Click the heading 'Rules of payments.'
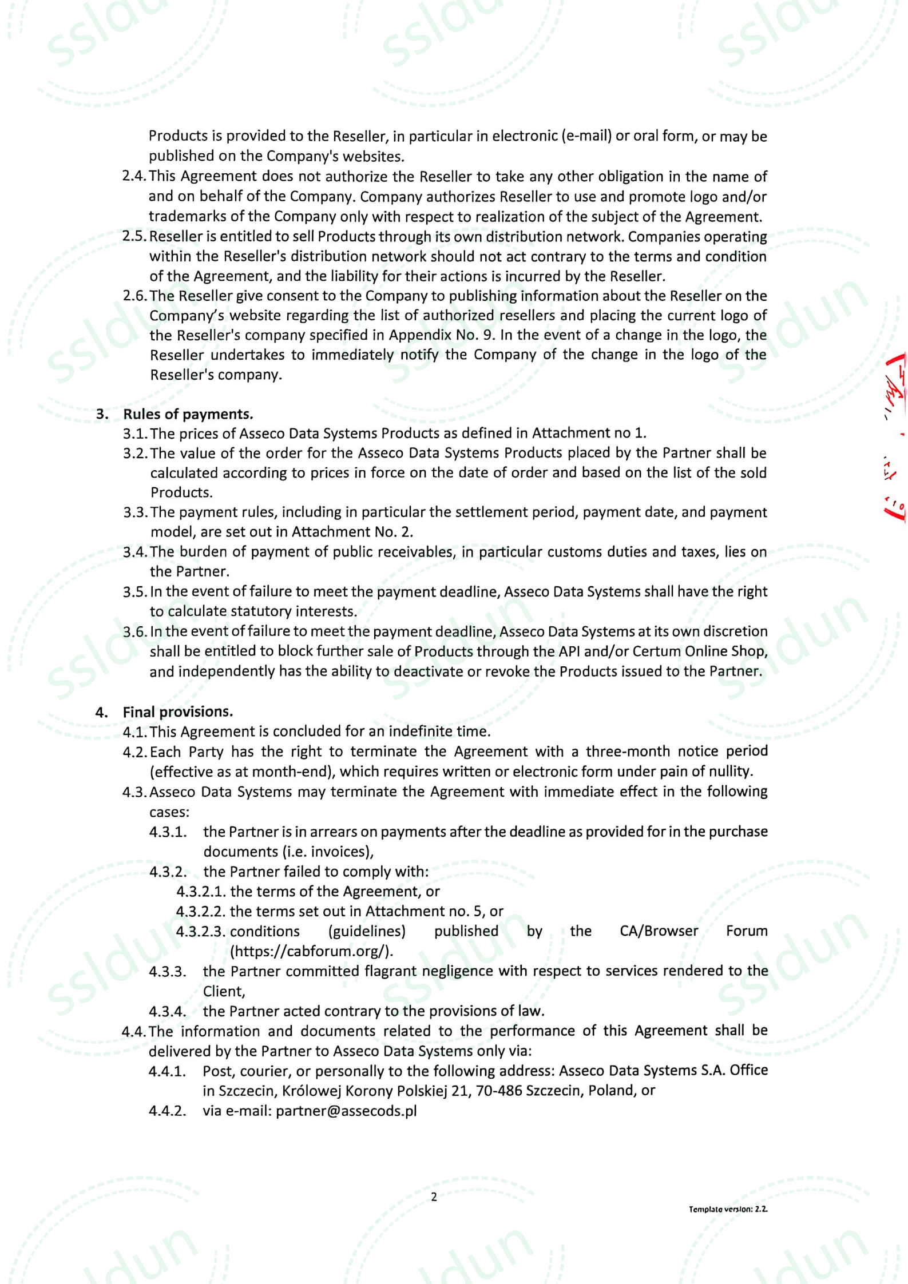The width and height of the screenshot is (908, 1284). tap(188, 414)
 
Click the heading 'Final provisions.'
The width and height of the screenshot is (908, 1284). tap(178, 712)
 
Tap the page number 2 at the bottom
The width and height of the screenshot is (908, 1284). tap(434, 1197)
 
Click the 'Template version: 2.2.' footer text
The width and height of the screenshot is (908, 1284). tap(728, 1209)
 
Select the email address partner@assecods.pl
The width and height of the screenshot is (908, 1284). tap(346, 1111)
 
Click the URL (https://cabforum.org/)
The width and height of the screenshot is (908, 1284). tap(312, 951)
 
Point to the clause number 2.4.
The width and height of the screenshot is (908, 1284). tap(134, 177)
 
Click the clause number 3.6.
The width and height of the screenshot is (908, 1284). tap(135, 632)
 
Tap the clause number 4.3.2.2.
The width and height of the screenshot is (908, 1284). tap(201, 911)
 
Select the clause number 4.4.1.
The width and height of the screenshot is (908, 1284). tap(167, 1071)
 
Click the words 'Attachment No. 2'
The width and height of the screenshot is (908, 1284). tap(351, 532)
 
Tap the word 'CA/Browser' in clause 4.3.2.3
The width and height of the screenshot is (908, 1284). tap(659, 931)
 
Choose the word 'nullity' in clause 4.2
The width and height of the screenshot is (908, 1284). tap(728, 772)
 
